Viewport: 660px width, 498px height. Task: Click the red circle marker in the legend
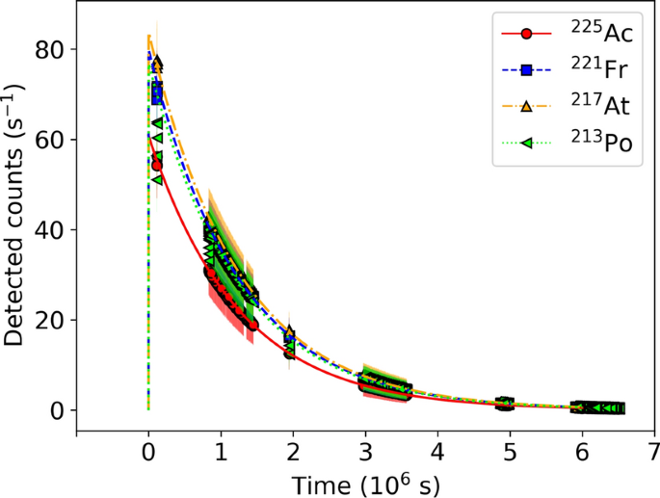526,34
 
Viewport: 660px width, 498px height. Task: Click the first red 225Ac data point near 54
157,165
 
